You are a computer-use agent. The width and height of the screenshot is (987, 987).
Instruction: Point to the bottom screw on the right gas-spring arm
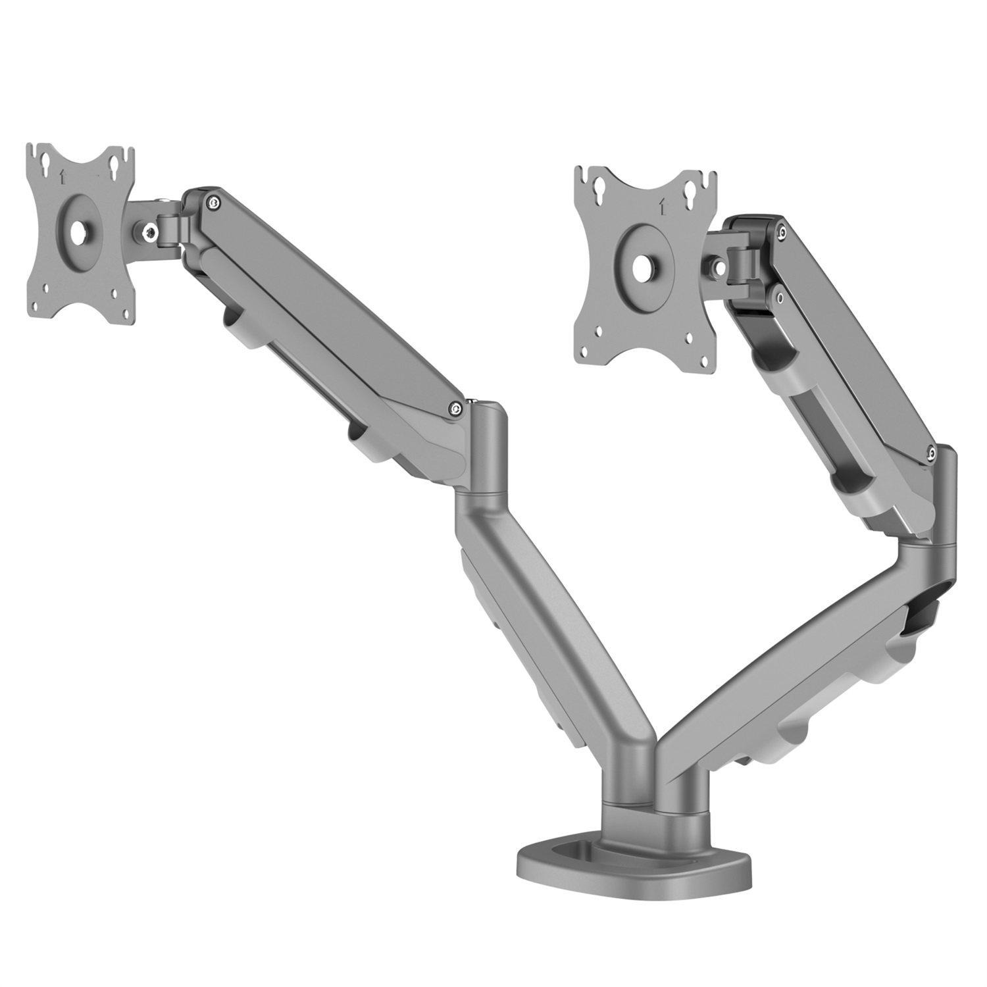click(931, 453)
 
